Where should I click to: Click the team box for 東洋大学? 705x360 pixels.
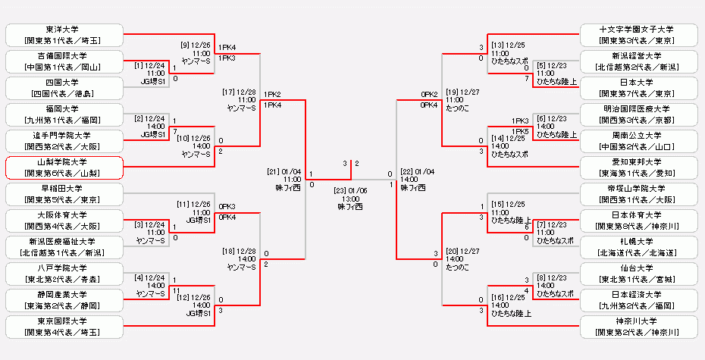click(64, 35)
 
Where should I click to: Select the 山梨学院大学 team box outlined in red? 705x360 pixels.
click(64, 167)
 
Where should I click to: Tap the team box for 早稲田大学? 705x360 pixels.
click(64, 194)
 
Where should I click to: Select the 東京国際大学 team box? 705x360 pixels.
click(64, 327)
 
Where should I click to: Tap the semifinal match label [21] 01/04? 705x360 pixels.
click(285, 171)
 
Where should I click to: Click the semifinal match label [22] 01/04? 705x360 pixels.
click(418, 171)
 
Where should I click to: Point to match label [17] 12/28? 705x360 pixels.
click(242, 91)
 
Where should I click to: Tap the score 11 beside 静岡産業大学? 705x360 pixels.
click(176, 290)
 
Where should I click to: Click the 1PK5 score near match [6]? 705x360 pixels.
click(520, 131)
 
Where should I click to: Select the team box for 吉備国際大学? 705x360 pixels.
click(64, 61)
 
